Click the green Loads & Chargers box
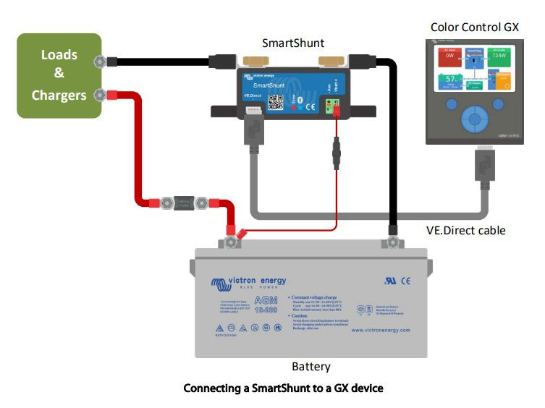coord(59,75)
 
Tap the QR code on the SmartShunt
coord(275,102)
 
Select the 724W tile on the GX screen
coord(498,56)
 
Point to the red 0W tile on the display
coord(449,56)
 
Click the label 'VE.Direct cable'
coord(465,231)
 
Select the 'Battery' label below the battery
coord(310,367)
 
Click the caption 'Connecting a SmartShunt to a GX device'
coord(283,388)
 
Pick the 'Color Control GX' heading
coord(474,27)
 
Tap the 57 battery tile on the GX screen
coord(451,80)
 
